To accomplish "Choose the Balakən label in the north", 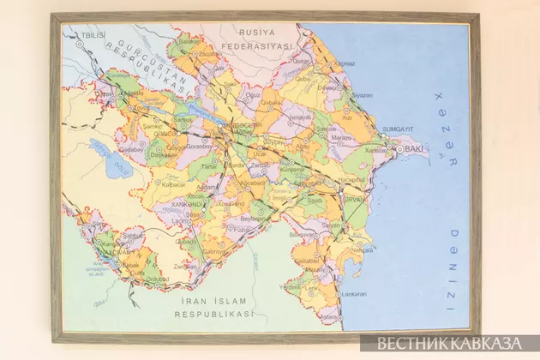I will point(191,40).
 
